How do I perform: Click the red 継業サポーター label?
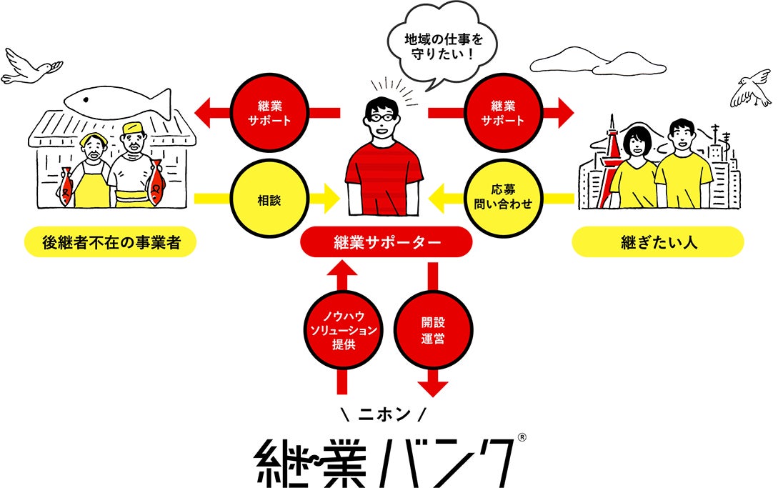click(386, 242)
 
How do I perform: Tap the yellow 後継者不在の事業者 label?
click(110, 243)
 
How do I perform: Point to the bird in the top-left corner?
click(29, 68)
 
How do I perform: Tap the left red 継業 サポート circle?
click(268, 112)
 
